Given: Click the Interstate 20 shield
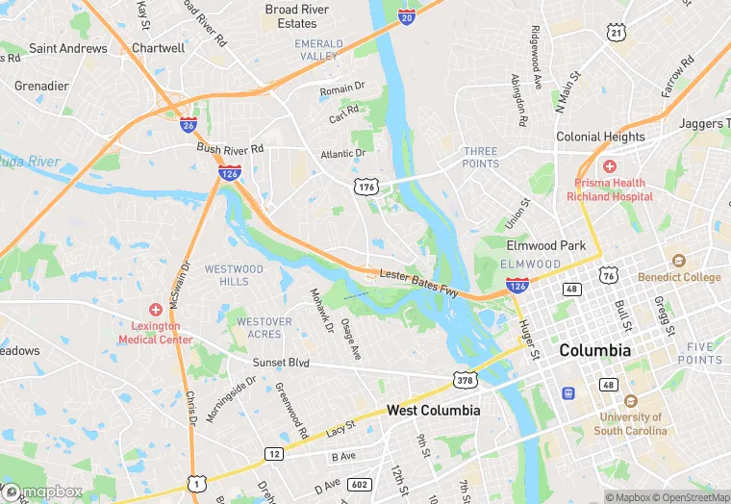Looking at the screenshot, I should [407, 17].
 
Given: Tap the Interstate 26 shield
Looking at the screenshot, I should [189, 124].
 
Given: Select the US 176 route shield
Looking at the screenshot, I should [365, 186].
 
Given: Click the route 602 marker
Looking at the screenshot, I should [359, 485].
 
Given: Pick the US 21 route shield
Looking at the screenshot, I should [616, 33].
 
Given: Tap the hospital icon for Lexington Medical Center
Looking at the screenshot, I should [155, 310].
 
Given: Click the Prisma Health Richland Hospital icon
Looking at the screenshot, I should [610, 166].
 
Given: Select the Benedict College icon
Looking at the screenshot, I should [679, 262].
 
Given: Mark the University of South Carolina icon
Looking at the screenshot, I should [631, 401].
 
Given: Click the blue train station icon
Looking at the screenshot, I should [568, 392].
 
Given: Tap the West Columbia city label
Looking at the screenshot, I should [433, 410].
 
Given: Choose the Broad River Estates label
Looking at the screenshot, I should [297, 16].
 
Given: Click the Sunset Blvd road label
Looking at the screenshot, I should [281, 363].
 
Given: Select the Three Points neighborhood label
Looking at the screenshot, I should [481, 158].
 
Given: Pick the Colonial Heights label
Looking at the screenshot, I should [600, 137].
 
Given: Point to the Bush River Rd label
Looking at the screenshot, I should [230, 149].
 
